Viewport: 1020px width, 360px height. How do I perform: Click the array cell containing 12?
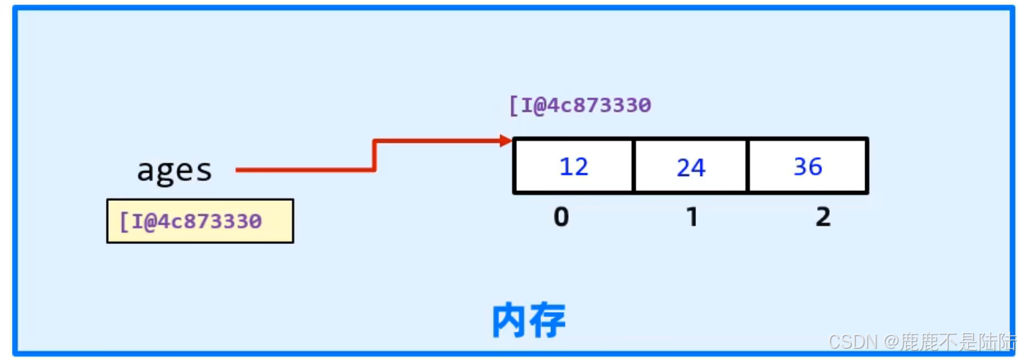point(574,166)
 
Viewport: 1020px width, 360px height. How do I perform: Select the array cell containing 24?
point(690,166)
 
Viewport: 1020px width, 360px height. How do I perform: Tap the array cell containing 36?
point(807,166)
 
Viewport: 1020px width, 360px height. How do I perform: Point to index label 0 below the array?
point(561,217)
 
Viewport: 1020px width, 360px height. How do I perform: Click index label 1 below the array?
point(692,217)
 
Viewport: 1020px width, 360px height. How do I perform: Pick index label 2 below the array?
point(823,217)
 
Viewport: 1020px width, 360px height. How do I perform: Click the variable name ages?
point(174,170)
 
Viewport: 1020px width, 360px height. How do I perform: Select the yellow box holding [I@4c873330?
point(200,221)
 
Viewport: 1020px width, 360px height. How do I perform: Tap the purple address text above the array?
point(580,105)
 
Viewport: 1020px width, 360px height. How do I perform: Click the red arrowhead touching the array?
point(506,141)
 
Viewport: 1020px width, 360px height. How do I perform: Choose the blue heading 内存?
point(528,322)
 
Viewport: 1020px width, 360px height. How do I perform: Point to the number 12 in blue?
point(574,167)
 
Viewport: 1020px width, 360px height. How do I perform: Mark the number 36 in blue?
point(807,167)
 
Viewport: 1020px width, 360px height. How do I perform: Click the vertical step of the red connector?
point(374,156)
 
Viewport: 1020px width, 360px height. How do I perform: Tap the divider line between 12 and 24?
point(633,166)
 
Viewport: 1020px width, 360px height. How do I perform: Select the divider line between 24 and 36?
point(748,166)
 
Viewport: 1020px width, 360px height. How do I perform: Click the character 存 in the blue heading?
point(547,322)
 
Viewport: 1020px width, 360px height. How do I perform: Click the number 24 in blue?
point(690,168)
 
